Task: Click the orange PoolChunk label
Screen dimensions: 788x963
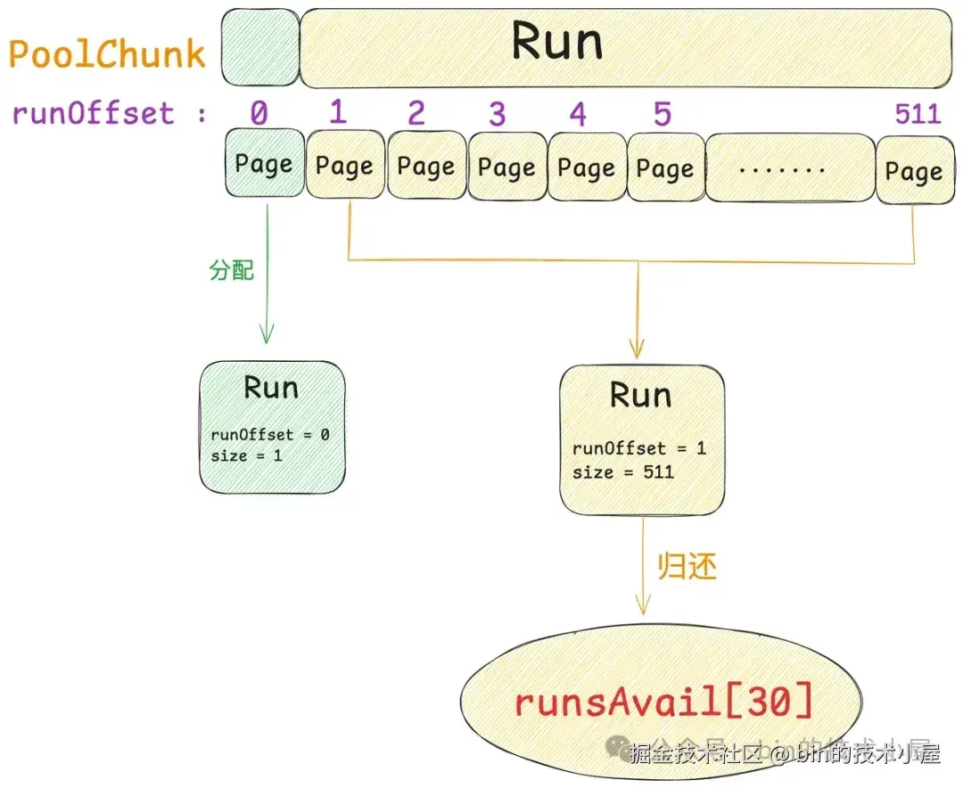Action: pos(107,54)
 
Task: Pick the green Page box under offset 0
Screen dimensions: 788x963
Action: pos(264,164)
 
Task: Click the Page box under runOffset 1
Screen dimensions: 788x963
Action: pos(344,166)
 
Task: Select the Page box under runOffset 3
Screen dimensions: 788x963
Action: pos(506,167)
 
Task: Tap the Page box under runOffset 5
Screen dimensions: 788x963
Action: pos(665,168)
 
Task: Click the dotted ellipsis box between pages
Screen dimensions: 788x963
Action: pos(790,168)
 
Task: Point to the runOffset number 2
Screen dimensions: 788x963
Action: pos(416,114)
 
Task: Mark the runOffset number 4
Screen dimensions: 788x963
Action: pos(578,115)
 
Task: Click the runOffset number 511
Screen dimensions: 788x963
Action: pos(918,115)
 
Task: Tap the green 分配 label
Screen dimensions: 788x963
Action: pos(232,270)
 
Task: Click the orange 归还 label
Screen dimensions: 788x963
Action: pos(687,567)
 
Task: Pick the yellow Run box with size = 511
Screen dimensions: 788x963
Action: pos(641,439)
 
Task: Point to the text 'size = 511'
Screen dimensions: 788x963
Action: pos(622,472)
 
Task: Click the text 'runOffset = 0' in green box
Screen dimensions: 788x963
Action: pos(270,435)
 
